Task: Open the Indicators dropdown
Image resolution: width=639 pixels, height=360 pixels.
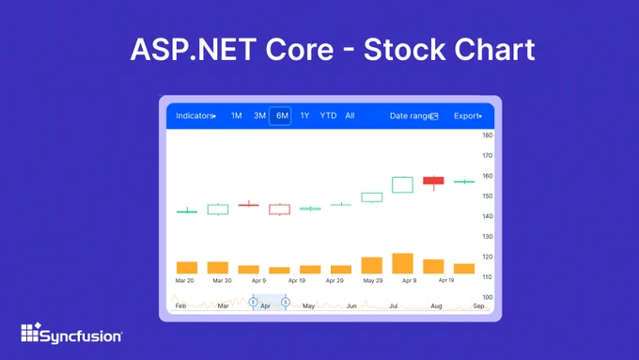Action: coord(196,116)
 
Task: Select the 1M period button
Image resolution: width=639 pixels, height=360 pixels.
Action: coord(237,116)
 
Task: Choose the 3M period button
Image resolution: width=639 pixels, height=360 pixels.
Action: coord(259,116)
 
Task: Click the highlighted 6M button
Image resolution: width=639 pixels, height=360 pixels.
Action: coord(280,116)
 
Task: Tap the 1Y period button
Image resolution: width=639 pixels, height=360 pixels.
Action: coord(304,116)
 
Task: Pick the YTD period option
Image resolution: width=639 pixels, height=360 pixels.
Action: coord(328,116)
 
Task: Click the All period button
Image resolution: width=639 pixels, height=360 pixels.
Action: coord(351,116)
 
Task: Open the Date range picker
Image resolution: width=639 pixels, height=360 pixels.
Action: coord(413,117)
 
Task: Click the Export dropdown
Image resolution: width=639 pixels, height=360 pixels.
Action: coord(468,117)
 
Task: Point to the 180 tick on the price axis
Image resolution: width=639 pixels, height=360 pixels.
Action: coord(488,135)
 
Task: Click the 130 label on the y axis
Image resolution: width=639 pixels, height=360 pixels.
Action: coord(488,237)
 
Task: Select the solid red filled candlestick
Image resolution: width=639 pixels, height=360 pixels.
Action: coord(433,180)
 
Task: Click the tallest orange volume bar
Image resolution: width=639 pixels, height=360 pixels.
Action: coord(402,263)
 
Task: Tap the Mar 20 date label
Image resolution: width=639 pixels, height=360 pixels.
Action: coord(184,280)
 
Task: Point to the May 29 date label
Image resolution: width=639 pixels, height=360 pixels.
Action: coord(373,280)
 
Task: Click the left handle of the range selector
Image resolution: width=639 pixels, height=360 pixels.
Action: coord(253,302)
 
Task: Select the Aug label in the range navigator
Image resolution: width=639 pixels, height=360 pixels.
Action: coord(436,305)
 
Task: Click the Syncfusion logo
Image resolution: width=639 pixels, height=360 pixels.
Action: coord(71,333)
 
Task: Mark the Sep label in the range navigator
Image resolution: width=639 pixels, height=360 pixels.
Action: coord(478,305)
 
